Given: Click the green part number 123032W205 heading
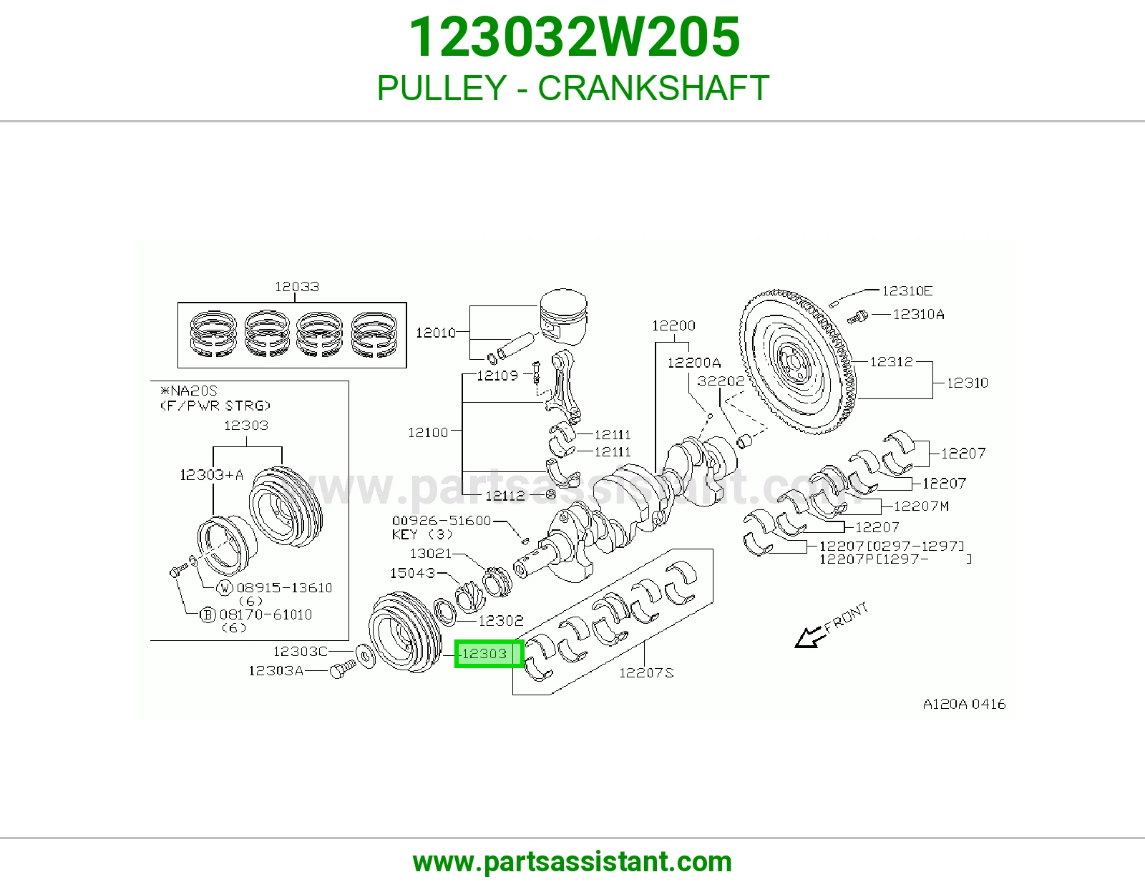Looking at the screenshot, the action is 575,37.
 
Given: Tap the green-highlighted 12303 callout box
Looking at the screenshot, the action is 489,654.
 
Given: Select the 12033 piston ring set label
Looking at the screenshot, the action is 297,287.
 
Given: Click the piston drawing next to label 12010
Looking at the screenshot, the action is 562,317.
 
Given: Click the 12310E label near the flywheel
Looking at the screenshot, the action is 907,290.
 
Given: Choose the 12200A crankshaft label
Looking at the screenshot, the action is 694,363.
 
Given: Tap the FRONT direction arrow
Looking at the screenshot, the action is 810,637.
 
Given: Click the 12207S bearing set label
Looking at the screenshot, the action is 646,672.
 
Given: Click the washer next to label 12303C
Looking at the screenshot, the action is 366,656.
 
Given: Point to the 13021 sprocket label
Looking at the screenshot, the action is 431,553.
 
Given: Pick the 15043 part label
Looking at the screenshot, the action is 413,572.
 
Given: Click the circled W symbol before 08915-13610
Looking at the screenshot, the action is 225,587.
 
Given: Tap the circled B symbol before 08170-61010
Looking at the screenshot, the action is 208,614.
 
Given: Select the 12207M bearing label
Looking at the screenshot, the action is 922,506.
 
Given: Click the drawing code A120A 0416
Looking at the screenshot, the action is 964,704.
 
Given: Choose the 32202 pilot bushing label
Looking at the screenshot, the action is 721,381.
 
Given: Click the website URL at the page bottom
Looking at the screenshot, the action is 572,862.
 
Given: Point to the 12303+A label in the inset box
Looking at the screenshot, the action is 211,475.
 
